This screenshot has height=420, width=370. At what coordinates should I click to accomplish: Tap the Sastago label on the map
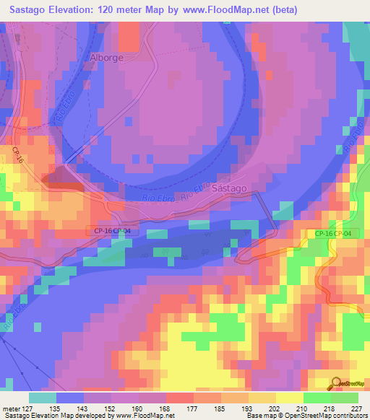tap(231, 188)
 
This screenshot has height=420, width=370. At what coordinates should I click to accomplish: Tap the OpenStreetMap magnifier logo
tap(337, 385)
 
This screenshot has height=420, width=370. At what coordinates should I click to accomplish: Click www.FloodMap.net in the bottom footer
tap(145, 416)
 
